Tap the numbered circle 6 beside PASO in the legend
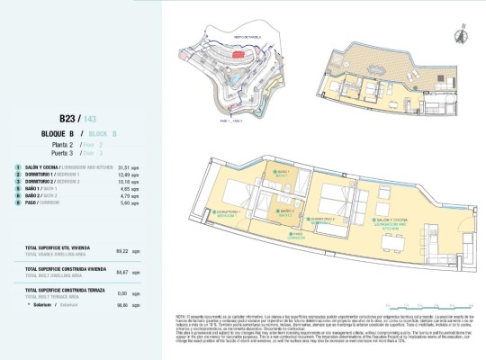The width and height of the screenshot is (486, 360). click(17, 203)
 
